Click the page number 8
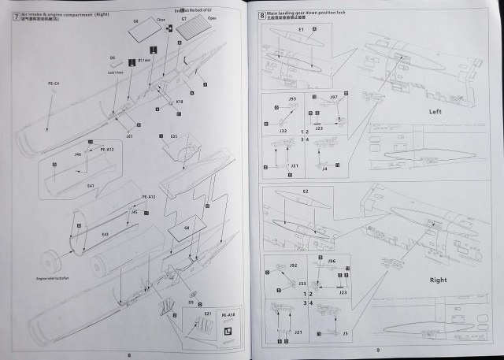pyautogui.click(x=128, y=353)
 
